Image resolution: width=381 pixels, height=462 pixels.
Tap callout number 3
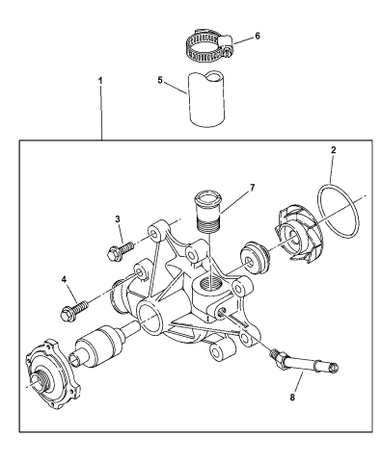[x=119, y=220]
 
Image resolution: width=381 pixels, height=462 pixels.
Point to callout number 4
[x=65, y=280]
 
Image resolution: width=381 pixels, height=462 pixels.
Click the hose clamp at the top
[x=204, y=44]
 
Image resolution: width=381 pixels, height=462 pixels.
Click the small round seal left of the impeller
[x=253, y=257]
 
